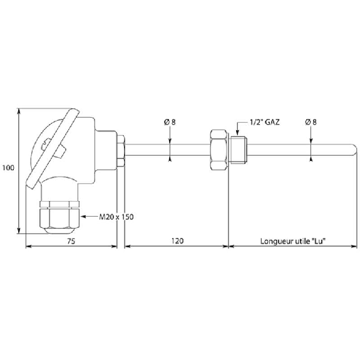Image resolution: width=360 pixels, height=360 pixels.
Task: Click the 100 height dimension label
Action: pos(8,168)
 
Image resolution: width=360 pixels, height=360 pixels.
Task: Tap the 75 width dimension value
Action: pos(71,241)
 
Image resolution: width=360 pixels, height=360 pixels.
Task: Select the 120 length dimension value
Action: pos(177,241)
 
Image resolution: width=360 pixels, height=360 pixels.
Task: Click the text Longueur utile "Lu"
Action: pos(293,241)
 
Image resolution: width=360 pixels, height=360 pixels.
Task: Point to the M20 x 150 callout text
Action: pos(116,217)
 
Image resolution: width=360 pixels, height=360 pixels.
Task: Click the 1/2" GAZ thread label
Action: pos(265,122)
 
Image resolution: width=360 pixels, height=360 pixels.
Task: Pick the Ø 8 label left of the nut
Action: pos(170,122)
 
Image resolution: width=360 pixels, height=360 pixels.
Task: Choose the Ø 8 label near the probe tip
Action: pos(311,122)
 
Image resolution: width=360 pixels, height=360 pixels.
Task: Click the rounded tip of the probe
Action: pos(355,150)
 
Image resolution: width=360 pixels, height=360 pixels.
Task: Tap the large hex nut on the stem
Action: pos(219,150)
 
